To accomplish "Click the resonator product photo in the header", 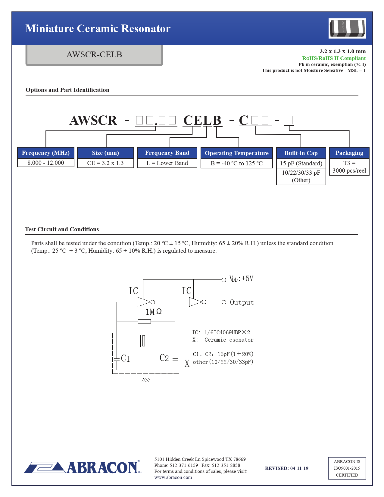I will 347,28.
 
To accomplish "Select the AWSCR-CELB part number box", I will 94,55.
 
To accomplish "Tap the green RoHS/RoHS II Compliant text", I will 334,58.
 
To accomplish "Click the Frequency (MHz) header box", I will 46,153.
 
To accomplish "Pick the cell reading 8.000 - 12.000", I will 46,163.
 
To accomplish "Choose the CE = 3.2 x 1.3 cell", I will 105,163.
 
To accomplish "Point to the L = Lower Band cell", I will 167,163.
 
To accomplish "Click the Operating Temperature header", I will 236,153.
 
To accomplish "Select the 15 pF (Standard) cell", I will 301,163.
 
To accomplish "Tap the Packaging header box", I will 349,153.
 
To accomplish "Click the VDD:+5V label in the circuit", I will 241,279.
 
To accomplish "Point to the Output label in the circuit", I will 242,302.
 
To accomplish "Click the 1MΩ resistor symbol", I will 144,321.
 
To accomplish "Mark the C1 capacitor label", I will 125,358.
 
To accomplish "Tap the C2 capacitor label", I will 164,358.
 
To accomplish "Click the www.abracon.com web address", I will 173,477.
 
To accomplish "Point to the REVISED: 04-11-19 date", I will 286,468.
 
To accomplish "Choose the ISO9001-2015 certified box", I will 347,468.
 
